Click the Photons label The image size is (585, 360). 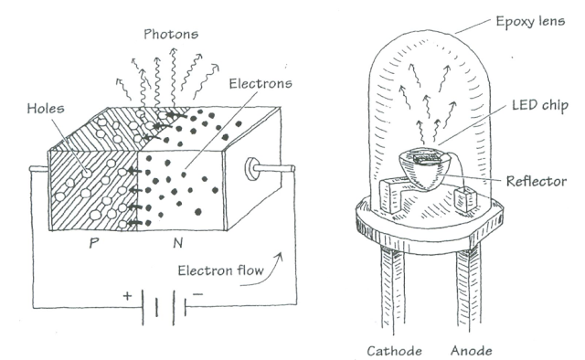(x=171, y=35)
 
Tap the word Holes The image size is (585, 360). (x=46, y=109)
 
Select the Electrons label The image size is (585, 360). (x=261, y=83)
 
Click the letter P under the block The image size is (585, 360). (x=94, y=243)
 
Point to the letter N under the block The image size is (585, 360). (x=178, y=243)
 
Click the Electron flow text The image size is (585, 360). (x=220, y=270)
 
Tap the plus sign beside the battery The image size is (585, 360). (x=127, y=296)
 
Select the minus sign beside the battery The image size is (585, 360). (x=197, y=294)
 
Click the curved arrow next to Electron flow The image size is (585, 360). (x=266, y=274)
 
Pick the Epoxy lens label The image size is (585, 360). (x=530, y=22)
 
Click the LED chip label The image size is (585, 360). (x=540, y=106)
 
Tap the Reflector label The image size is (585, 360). (x=537, y=181)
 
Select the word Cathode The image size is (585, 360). (x=394, y=351)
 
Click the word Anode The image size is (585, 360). (x=472, y=350)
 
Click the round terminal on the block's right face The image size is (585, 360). (x=251, y=169)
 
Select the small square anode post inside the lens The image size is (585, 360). (x=466, y=200)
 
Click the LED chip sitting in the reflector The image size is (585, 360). (x=427, y=157)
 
